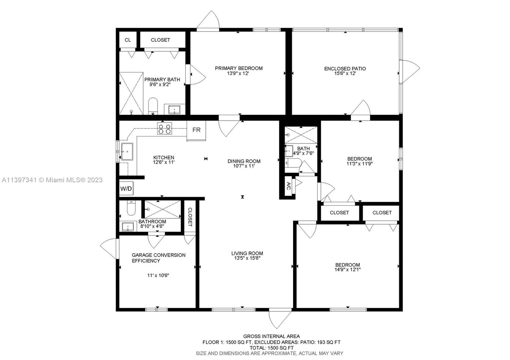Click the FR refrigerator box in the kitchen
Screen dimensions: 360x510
pos(196,130)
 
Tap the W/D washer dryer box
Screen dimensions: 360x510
pos(126,189)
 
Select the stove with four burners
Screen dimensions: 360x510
pos(164,128)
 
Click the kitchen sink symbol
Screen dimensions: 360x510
pos(127,151)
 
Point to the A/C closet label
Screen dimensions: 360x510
pos(288,186)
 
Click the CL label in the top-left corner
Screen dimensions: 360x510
pos(127,40)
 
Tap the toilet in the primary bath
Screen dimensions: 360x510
pos(153,106)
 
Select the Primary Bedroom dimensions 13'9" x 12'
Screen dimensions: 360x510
pos(238,73)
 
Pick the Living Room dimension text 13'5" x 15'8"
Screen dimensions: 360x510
pos(247,258)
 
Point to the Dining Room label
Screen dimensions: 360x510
pos(244,161)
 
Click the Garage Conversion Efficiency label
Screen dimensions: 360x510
pos(158,258)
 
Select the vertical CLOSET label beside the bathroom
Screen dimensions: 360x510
pos(190,217)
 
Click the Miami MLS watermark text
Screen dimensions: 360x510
pos(52,180)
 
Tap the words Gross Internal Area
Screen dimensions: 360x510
pos(271,336)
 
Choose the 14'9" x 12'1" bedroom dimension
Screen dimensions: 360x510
pos(347,270)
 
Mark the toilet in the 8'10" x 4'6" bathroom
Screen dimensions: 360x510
pos(131,208)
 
